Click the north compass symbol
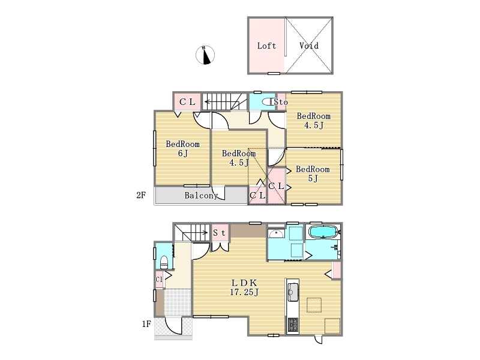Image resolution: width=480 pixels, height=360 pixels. click(205, 55)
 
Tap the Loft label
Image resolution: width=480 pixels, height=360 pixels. click(266, 46)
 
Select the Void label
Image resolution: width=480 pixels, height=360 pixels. click(309, 46)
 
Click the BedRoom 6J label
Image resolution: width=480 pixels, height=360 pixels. click(183, 148)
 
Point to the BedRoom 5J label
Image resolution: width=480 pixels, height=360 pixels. click(313, 173)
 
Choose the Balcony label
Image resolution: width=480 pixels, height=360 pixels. click(201, 196)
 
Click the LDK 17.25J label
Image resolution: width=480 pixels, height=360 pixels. click(244, 287)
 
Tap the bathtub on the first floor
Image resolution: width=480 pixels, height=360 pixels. click(323, 232)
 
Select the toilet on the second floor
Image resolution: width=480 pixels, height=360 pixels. click(268, 102)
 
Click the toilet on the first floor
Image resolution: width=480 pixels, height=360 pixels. click(164, 262)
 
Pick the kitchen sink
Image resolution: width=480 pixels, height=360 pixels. click(293, 292)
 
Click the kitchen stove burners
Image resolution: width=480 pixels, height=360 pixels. click(293, 325)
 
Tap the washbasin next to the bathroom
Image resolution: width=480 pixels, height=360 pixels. click(276, 234)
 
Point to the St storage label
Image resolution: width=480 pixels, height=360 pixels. click(220, 233)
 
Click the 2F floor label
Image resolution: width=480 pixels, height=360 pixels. click(141, 195)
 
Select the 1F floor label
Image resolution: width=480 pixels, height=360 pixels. click(146, 323)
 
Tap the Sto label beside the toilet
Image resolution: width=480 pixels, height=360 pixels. click(281, 102)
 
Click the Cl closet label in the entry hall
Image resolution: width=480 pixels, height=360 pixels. click(159, 279)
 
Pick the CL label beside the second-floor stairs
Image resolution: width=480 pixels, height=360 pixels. click(187, 102)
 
